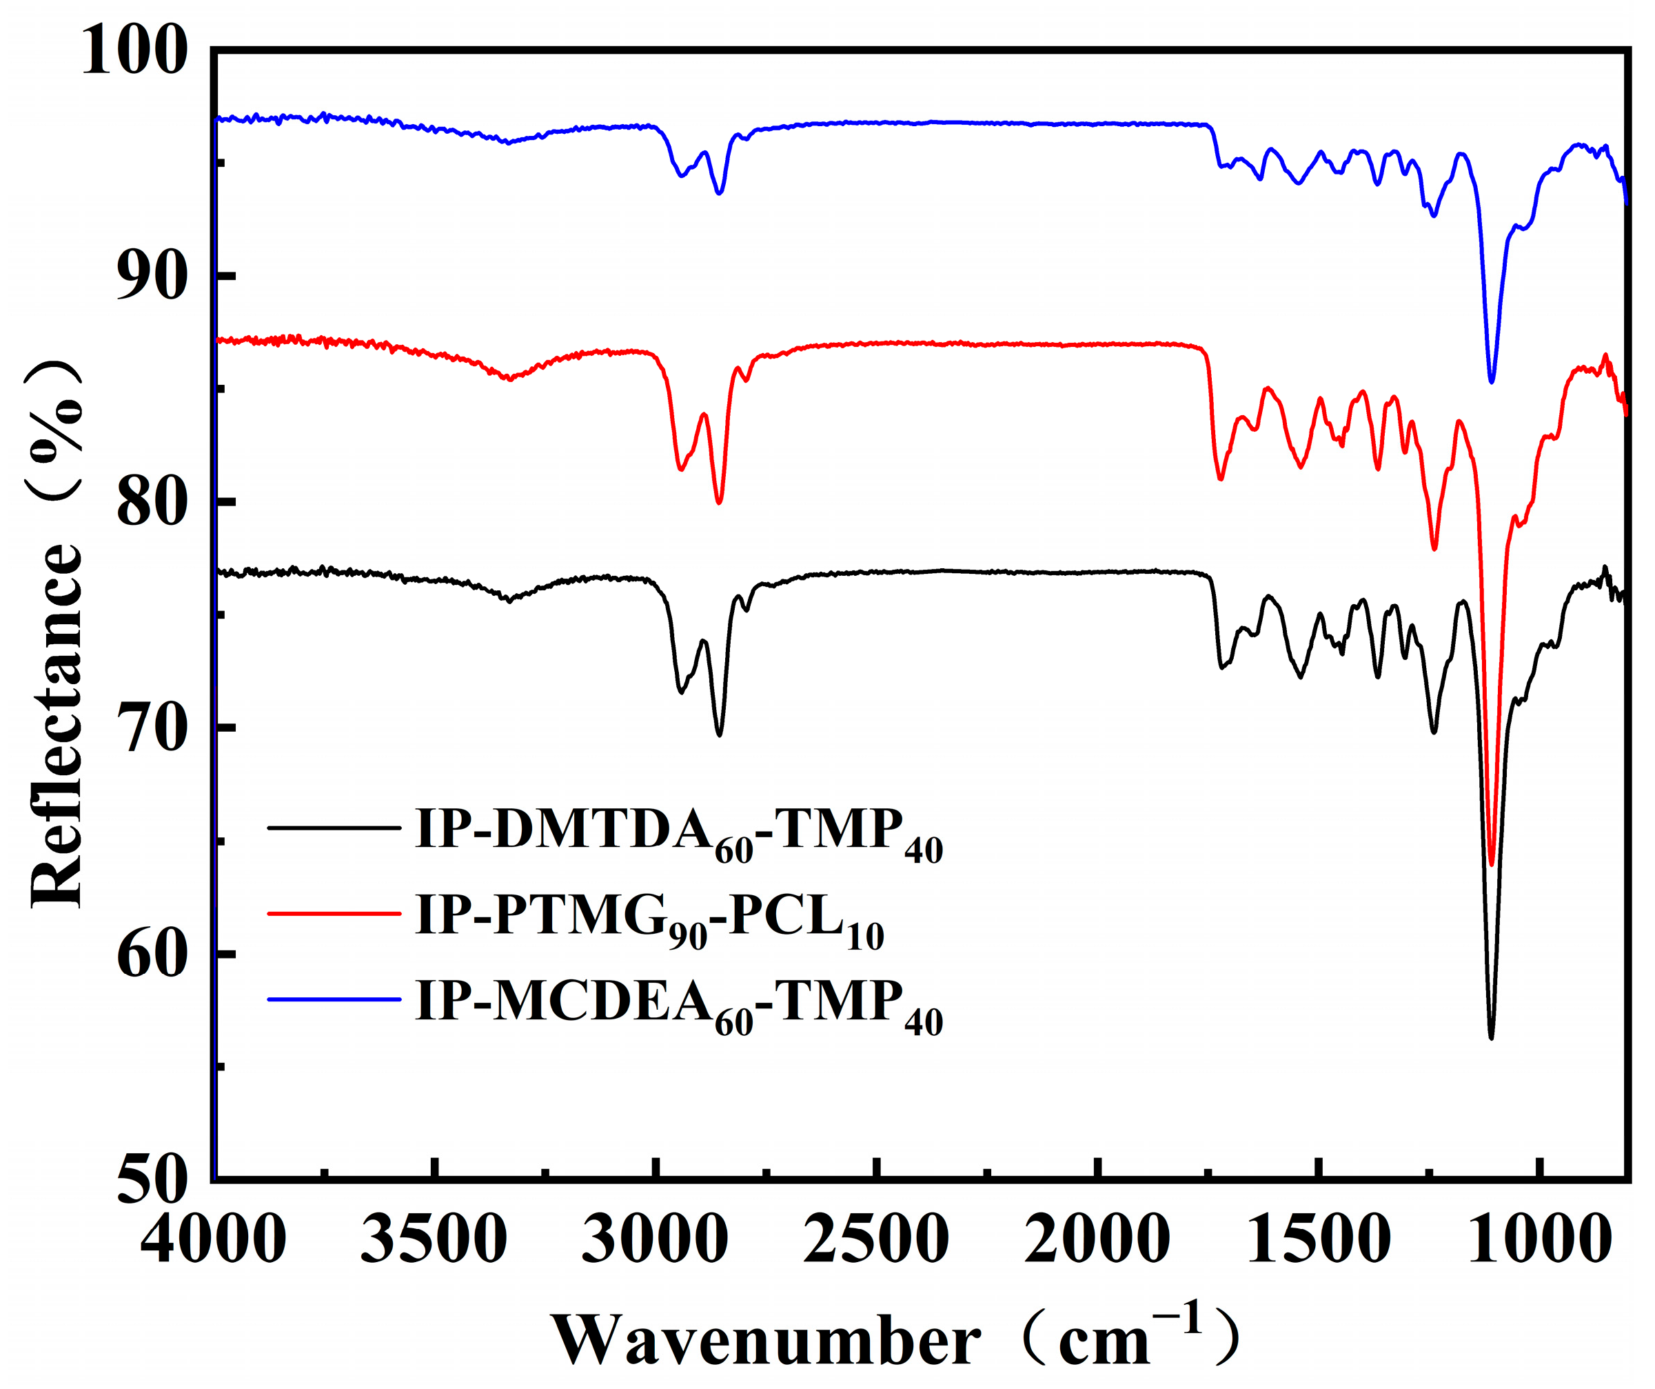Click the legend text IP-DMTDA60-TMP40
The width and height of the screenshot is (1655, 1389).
(678, 834)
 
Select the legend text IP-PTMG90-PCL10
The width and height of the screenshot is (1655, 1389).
(649, 920)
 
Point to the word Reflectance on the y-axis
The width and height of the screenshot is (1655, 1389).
(57, 726)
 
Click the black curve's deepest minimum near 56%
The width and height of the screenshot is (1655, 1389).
(1491, 1037)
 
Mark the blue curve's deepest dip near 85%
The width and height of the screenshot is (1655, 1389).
(1491, 381)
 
